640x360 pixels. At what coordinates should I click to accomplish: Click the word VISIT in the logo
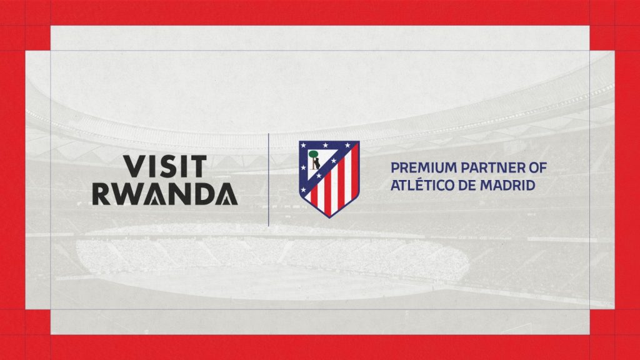(165, 166)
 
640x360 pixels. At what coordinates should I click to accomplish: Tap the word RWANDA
(165, 194)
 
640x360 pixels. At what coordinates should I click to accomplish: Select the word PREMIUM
(424, 167)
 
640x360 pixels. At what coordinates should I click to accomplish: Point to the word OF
(537, 167)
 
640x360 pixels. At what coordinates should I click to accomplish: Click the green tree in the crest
(314, 154)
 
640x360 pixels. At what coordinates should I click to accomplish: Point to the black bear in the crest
(316, 164)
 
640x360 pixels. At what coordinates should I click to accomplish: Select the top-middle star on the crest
(325, 145)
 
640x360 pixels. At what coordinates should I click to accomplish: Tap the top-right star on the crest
(347, 145)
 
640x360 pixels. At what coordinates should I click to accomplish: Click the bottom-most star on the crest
(303, 190)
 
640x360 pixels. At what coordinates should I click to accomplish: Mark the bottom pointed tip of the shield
(329, 217)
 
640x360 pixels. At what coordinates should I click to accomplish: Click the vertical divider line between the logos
(268, 179)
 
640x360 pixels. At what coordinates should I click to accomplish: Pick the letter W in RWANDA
(125, 194)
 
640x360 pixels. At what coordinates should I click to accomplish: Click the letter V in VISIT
(134, 166)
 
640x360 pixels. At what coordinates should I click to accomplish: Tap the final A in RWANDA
(227, 194)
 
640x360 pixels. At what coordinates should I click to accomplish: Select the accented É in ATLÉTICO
(419, 184)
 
